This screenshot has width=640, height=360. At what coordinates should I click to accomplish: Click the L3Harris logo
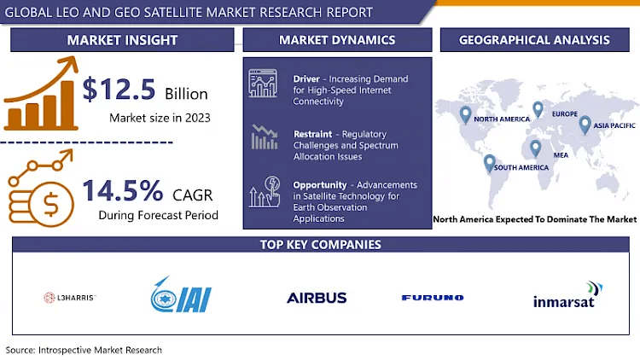coord(70,298)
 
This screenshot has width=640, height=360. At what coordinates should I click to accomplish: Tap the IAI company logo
coord(181,294)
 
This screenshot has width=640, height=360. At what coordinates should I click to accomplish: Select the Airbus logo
coord(317,298)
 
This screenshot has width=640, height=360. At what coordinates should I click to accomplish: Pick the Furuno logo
coord(433,298)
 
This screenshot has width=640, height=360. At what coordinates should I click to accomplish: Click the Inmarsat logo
coord(567,294)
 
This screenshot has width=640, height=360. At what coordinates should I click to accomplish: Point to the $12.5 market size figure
coord(119,90)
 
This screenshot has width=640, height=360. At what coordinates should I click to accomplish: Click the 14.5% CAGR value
coord(122,190)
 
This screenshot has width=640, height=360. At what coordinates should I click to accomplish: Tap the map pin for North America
coord(465,114)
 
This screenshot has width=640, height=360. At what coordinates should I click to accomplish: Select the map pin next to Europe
coord(538,109)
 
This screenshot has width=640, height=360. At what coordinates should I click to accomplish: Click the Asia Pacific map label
coord(614,125)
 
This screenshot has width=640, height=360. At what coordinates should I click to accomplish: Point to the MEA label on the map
coord(561,155)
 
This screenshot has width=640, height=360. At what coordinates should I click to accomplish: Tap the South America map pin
coord(490,163)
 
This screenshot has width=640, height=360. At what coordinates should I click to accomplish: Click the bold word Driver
coord(306,78)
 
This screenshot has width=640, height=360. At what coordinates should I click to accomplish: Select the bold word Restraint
coord(312,134)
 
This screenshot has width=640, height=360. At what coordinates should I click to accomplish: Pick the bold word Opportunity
coord(320,185)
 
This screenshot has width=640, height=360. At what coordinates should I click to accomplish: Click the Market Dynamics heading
coord(337,40)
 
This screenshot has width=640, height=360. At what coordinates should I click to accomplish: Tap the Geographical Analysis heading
coord(534,40)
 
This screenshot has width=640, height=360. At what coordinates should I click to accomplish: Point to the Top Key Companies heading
coord(320,245)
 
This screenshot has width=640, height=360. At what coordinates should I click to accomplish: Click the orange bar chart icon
coord(41,94)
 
